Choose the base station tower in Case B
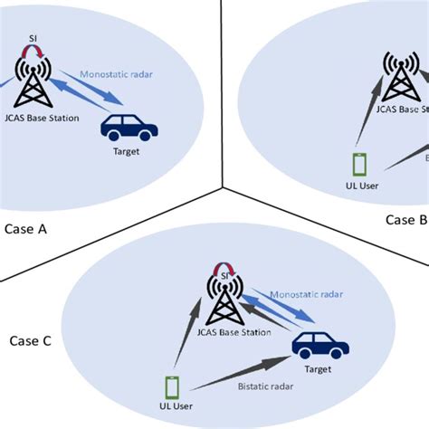pos(399,78)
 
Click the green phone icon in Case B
pos(359,166)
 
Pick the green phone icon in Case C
pos(169,385)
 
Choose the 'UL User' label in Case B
pos(359,186)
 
